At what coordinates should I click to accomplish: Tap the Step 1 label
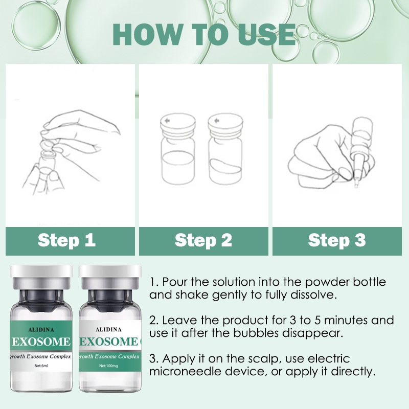click(66, 240)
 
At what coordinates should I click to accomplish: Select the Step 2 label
click(203, 240)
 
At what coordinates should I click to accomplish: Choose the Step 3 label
click(337, 240)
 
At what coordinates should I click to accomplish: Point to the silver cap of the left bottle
click(38, 276)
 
